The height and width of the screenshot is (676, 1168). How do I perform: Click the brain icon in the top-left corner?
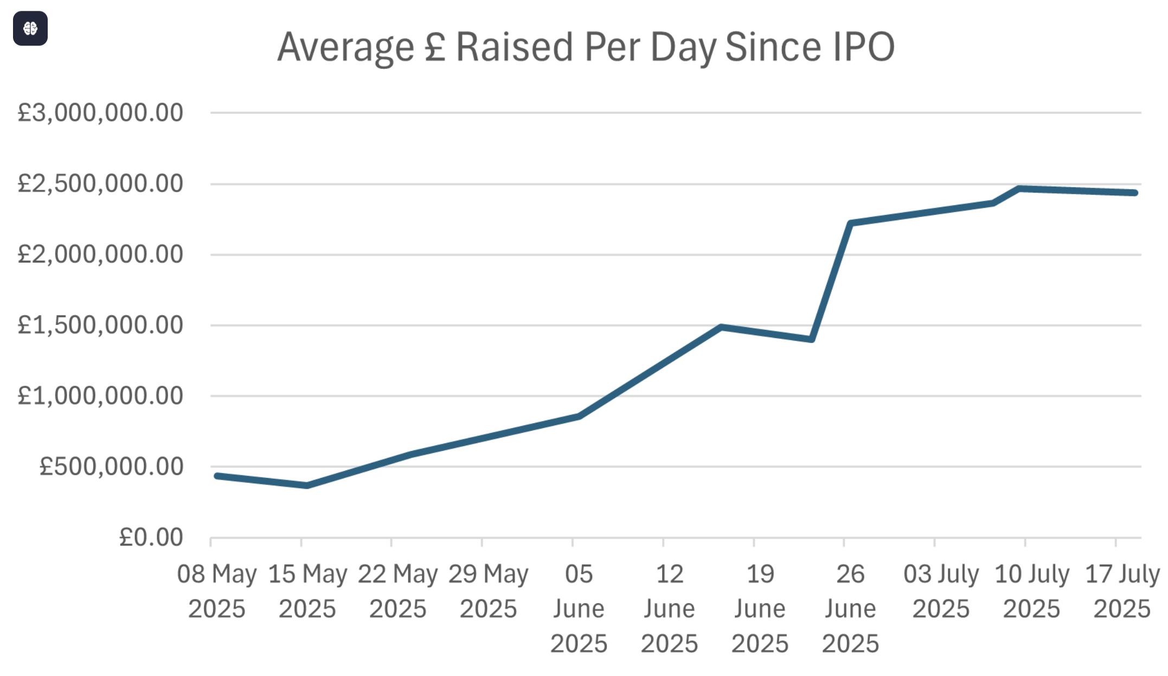[x=30, y=28]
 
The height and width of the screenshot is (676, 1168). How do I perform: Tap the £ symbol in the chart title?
[x=435, y=47]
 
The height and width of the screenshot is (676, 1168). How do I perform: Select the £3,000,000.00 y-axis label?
[x=100, y=113]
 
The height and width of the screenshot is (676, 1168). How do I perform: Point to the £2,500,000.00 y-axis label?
[x=100, y=183]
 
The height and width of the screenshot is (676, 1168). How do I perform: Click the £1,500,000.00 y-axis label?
[x=100, y=325]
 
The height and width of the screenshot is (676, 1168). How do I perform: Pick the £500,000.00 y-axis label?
[x=111, y=467]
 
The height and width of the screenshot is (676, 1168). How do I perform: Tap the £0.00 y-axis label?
[x=151, y=538]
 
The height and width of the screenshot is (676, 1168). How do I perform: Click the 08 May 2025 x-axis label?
[x=217, y=591]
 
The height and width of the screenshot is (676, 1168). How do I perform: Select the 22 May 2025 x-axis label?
[x=397, y=591]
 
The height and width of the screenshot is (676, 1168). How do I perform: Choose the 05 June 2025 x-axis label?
[x=579, y=608]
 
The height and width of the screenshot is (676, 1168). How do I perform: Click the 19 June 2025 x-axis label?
[x=760, y=608]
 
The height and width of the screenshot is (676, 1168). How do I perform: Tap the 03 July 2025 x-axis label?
[x=941, y=591]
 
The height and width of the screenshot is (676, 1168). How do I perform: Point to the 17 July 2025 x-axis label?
[x=1122, y=591]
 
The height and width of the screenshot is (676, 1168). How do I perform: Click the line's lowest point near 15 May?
[x=307, y=486]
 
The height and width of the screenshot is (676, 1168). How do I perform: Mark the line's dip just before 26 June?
[x=811, y=340]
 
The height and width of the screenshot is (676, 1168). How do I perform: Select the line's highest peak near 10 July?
[x=1020, y=189]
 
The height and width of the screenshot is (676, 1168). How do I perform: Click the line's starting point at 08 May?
[x=217, y=476]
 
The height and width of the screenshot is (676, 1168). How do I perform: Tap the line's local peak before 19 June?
[x=721, y=327]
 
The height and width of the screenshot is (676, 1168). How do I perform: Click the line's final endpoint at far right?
[x=1135, y=193]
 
